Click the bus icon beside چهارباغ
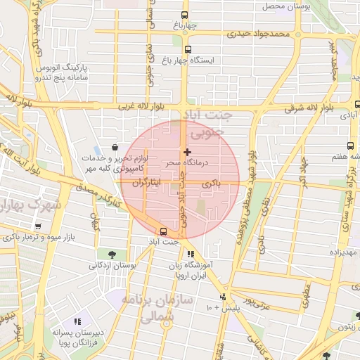(185, 15)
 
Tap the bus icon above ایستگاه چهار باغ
(188, 49)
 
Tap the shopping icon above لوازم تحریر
(114, 147)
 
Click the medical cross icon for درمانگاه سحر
(187, 152)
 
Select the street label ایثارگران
(145, 183)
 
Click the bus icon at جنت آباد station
(164, 231)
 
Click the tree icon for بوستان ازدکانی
(112, 254)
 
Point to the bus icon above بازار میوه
(37, 226)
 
